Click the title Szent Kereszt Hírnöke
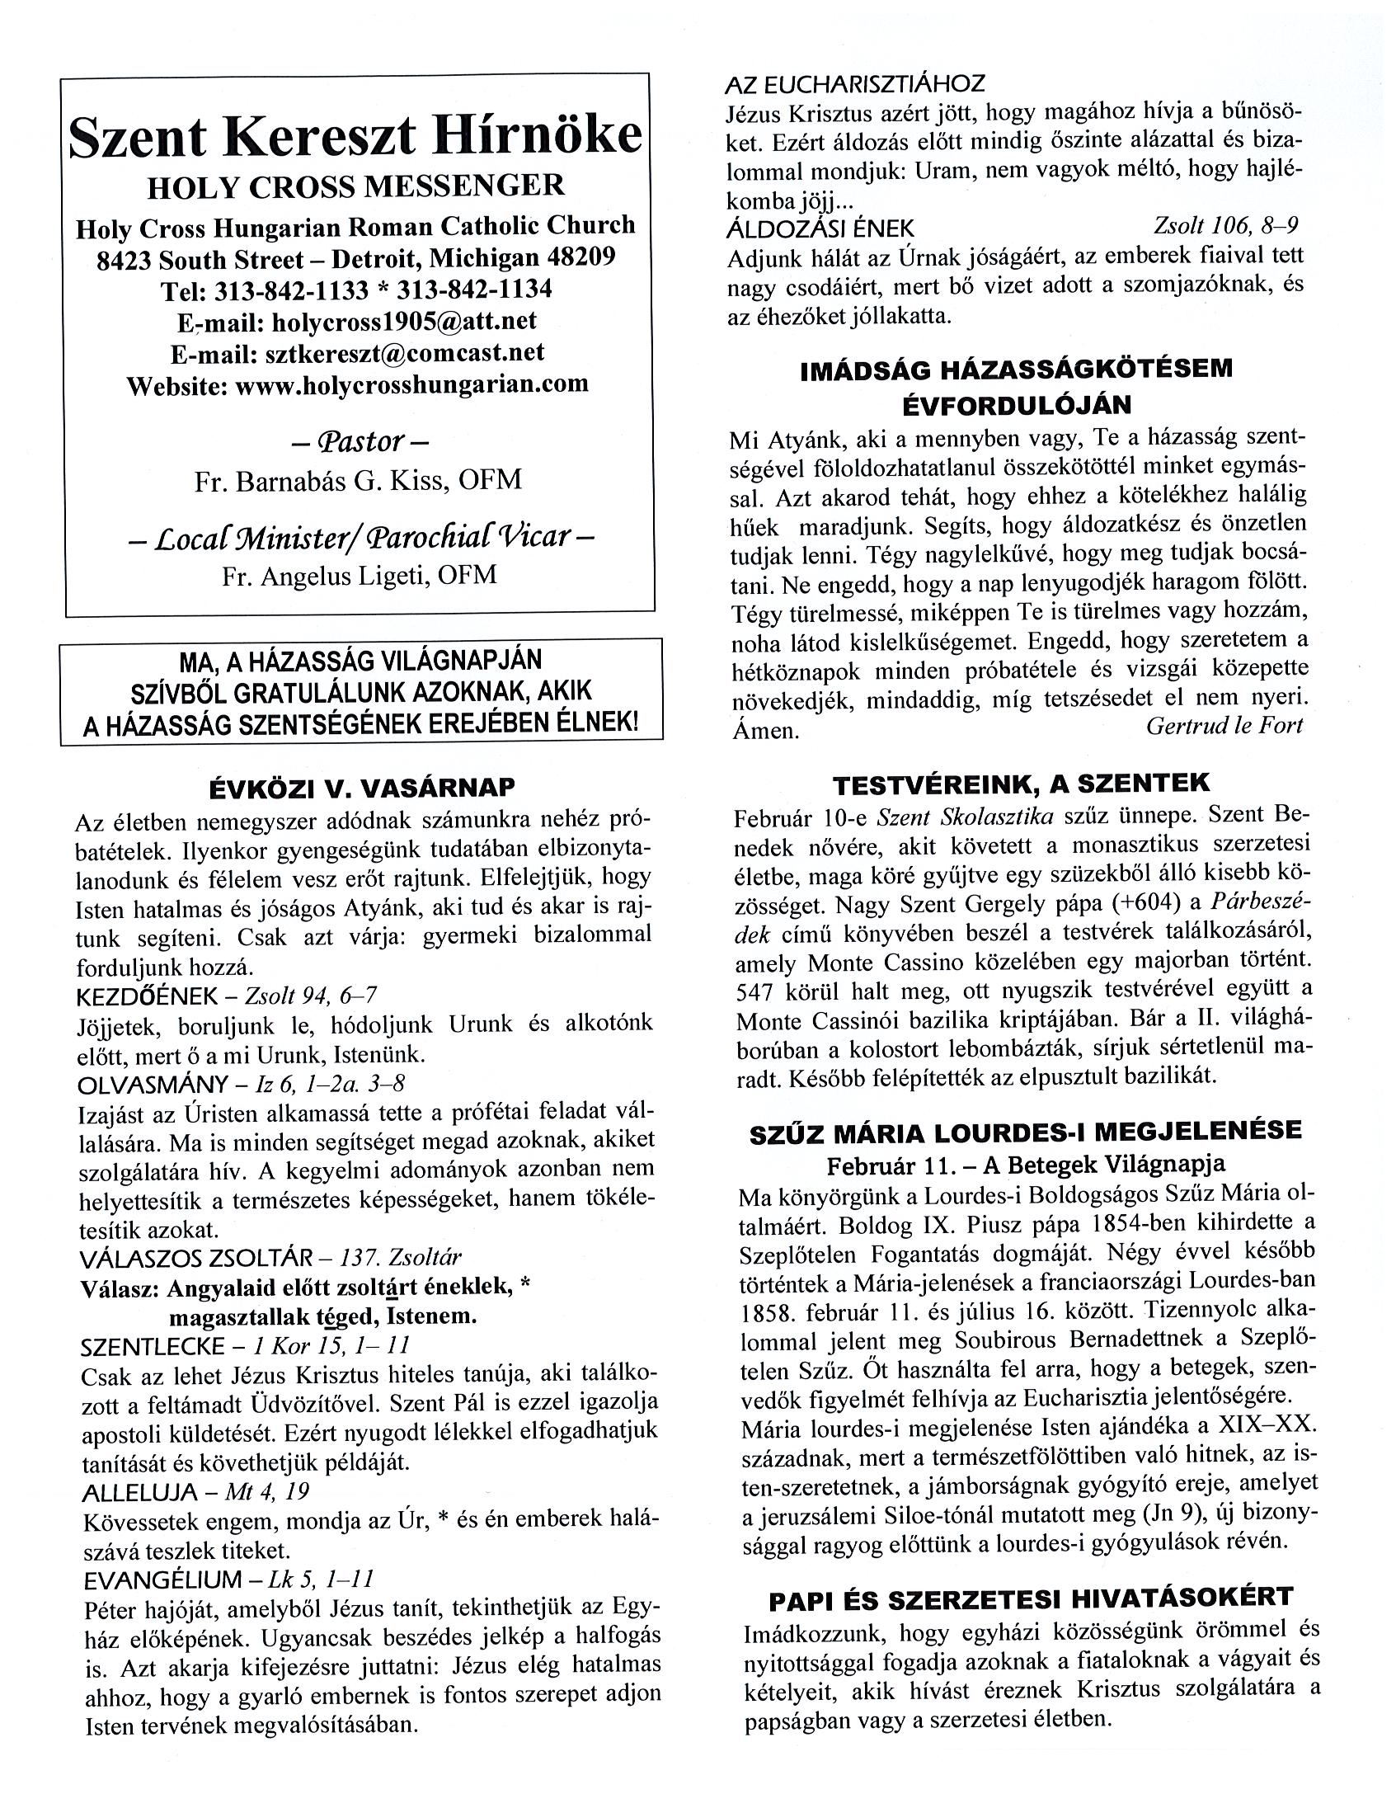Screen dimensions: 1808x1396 tap(356, 136)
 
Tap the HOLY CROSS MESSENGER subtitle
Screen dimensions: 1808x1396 tap(356, 186)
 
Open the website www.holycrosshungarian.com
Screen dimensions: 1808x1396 tap(412, 384)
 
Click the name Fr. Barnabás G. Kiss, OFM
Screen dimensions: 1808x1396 tap(359, 480)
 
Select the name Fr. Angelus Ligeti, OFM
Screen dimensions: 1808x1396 tap(360, 577)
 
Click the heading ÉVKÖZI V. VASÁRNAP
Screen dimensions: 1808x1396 tap(362, 784)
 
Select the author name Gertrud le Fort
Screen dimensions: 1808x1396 tap(1224, 726)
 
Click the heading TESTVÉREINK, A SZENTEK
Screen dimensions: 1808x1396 tap(1021, 783)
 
